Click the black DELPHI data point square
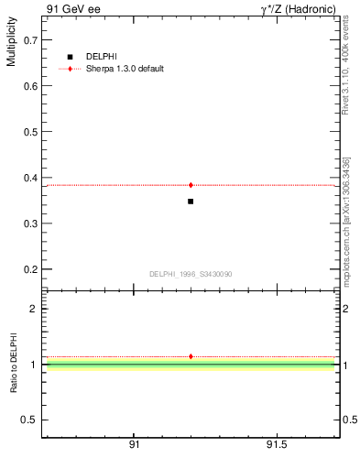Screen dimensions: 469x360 (191, 201)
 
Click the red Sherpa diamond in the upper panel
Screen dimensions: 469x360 (191, 185)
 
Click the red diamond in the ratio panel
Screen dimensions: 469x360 (191, 356)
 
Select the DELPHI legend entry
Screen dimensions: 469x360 (96, 57)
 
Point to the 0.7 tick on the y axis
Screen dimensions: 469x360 (29, 40)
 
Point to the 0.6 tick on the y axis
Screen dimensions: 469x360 (29, 86)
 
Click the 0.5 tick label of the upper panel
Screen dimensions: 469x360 (29, 132)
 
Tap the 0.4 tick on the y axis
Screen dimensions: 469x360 (29, 178)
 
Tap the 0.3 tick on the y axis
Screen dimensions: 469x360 (29, 224)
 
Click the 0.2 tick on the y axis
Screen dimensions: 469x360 (29, 269)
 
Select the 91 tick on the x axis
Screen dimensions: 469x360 (135, 444)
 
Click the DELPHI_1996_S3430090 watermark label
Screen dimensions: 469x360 (191, 274)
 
